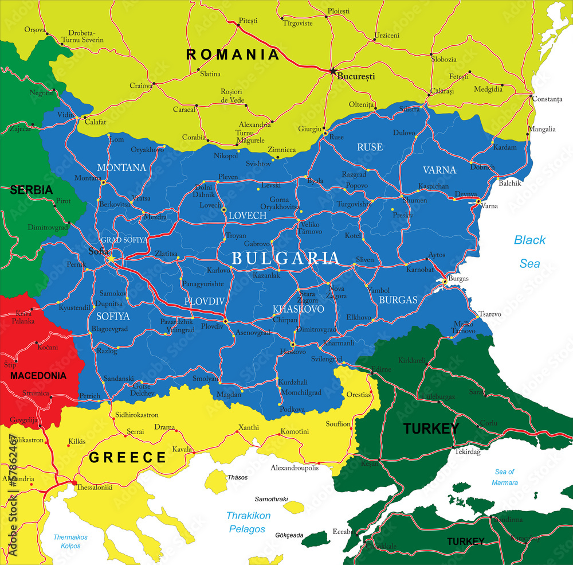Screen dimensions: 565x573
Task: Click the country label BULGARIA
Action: coord(285,258)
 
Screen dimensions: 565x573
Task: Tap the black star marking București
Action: coord(332,71)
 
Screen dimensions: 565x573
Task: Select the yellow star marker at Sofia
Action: coord(111,259)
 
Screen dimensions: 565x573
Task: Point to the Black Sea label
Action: coord(529,252)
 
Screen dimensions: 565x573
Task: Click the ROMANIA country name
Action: coord(233,54)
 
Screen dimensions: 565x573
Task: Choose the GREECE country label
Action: coord(127,457)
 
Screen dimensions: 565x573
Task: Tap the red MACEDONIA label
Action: coord(38,376)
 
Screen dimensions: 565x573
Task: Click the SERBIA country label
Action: coord(31,190)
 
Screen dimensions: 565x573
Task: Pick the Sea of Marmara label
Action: coord(504,477)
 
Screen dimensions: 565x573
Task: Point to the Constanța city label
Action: coord(547,99)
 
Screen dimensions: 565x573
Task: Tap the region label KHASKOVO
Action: coord(298,309)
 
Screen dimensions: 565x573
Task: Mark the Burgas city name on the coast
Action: coord(458,278)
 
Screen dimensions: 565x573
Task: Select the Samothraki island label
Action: coord(271,499)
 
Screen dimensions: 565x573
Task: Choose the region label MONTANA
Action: coord(121,167)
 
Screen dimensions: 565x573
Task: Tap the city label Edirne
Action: coord(381,369)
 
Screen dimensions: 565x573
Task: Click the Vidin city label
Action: coord(66,115)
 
